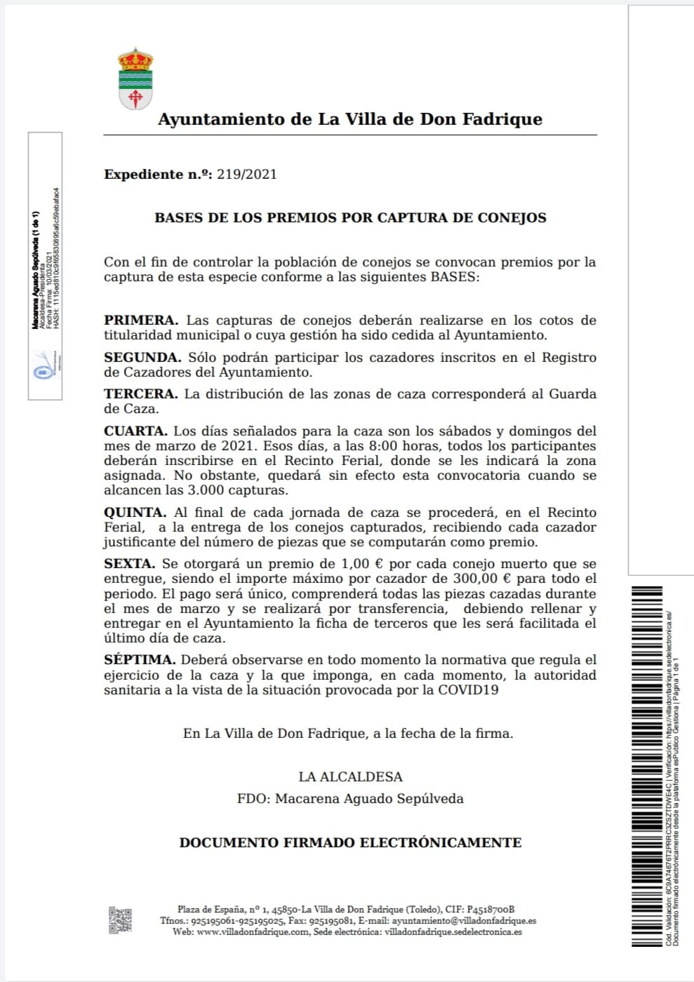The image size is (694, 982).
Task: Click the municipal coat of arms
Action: coord(135,78)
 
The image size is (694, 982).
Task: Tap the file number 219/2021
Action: coord(247,175)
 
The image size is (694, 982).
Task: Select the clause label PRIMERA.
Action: coord(141,321)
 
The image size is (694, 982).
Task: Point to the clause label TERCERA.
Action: coord(141,394)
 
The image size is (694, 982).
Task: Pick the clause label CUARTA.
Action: coord(135,431)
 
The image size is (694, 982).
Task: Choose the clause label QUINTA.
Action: coord(135,513)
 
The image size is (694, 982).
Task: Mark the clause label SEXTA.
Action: coord(129,564)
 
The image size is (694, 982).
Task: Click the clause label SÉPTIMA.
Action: coord(139,660)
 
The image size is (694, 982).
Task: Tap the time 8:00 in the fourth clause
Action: coord(402,446)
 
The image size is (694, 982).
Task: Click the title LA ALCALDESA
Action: coord(350,776)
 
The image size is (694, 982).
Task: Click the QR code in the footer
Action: coord(120,920)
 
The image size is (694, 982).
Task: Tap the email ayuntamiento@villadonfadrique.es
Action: coord(464,921)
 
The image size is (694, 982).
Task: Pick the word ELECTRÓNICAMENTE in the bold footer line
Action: coord(439,842)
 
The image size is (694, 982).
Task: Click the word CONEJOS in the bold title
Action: coord(512,217)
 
